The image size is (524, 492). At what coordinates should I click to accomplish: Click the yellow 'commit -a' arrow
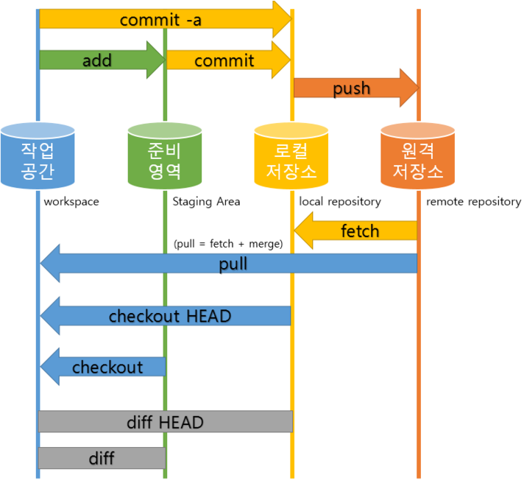[x=162, y=19]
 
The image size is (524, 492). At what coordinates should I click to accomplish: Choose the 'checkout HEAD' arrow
[x=169, y=317]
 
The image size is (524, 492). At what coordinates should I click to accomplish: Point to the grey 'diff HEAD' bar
[x=165, y=422]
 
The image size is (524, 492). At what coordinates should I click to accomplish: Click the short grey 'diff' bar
[x=102, y=458]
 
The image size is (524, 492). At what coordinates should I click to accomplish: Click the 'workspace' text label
[x=71, y=201]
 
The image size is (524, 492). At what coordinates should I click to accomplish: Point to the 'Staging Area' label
[x=206, y=201]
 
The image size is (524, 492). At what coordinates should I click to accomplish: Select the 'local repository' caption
[x=340, y=201]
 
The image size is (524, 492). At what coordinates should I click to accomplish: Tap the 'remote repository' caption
[x=473, y=201]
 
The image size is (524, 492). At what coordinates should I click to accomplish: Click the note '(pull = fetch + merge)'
[x=228, y=244]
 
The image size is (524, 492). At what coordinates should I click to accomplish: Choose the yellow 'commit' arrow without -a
[x=224, y=60]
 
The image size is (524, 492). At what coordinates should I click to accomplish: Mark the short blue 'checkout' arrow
[x=107, y=367]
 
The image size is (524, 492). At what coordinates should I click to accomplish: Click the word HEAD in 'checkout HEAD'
[x=208, y=317]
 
